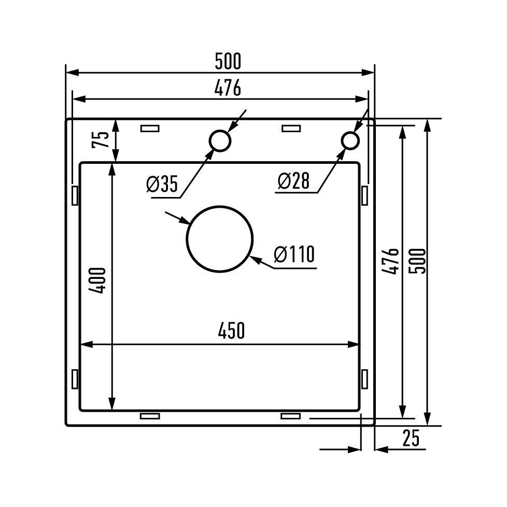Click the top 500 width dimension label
(x=228, y=62)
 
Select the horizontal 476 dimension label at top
(x=228, y=88)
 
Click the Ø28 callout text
(x=293, y=181)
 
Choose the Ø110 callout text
(x=294, y=254)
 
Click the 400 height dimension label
(x=97, y=280)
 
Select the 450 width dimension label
(x=231, y=330)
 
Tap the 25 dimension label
(x=411, y=438)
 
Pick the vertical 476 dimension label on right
(x=390, y=261)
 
